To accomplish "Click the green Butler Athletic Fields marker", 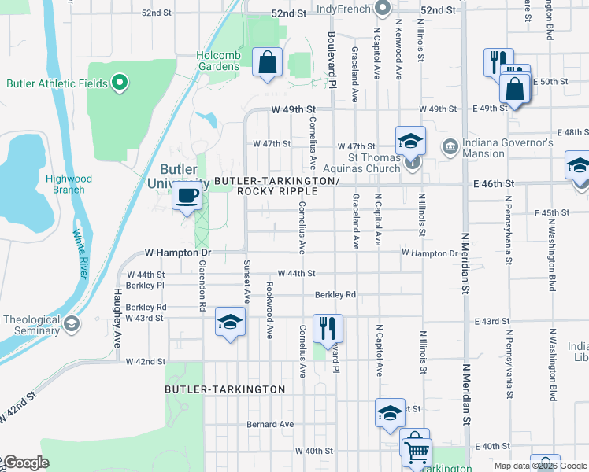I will point(119,82).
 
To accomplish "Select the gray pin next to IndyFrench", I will point(383,9).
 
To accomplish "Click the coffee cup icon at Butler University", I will point(187,196).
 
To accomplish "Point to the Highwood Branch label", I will point(69,184).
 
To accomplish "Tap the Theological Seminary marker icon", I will point(72,324).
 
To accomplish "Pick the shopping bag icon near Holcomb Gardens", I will point(267,61).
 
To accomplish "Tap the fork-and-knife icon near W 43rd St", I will point(327,326).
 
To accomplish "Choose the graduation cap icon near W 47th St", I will point(410,141).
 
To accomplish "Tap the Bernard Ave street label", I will point(269,424).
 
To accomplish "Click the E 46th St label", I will point(494,183).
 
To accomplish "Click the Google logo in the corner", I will point(25,463).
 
